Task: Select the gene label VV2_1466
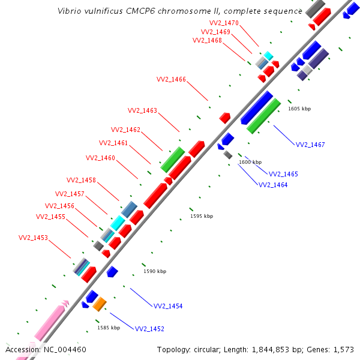pyautogui.click(x=171, y=79)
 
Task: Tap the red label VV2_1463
pyautogui.click(x=142, y=110)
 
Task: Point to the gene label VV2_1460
pyautogui.click(x=100, y=158)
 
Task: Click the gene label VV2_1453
pyautogui.click(x=33, y=238)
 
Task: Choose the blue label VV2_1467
pyautogui.click(x=310, y=145)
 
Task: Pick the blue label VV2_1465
pyautogui.click(x=283, y=174)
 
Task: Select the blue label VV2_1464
pyautogui.click(x=273, y=185)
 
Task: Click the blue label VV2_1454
pyautogui.click(x=168, y=306)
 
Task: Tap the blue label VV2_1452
pyautogui.click(x=149, y=329)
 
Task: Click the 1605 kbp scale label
pyautogui.click(x=299, y=109)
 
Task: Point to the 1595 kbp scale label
pyautogui.click(x=202, y=216)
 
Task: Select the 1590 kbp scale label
pyautogui.click(x=155, y=271)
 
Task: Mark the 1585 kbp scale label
pyautogui.click(x=109, y=328)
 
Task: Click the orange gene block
pyautogui.click(x=100, y=304)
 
